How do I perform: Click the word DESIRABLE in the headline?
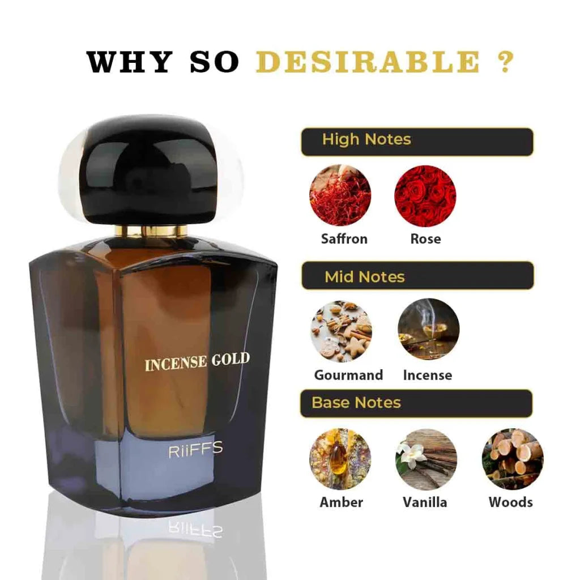coord(368,62)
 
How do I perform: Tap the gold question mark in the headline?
coord(505,62)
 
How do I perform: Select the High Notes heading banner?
coord(417,142)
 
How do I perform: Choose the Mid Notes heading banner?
coord(417,276)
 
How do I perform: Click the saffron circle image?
coord(340,195)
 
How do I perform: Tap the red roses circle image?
coord(425,195)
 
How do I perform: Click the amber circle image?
coord(340,459)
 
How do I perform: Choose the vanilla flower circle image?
coord(425,459)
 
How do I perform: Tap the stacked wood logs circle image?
coord(512,459)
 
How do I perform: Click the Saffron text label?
coord(344,238)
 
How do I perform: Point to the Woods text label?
coord(510,502)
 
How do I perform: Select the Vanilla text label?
coord(425,502)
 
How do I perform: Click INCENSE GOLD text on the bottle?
coord(197,361)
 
